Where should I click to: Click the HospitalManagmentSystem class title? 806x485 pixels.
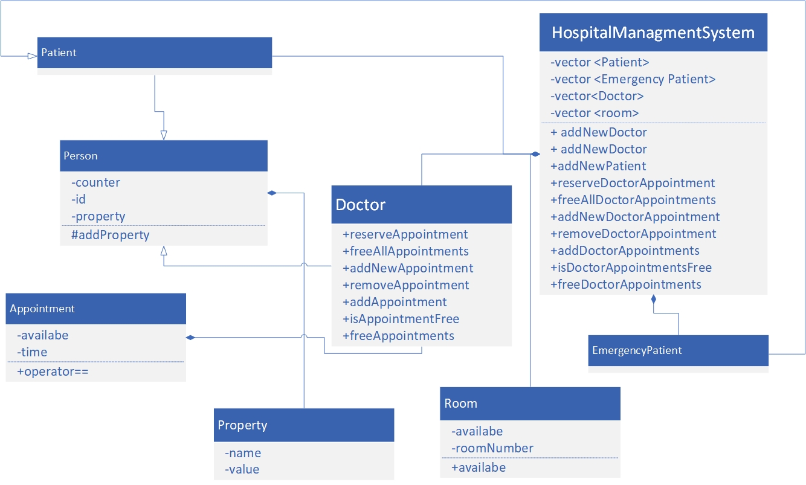click(x=653, y=33)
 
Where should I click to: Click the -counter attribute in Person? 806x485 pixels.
click(x=95, y=182)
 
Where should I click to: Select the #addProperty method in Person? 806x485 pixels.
click(x=110, y=235)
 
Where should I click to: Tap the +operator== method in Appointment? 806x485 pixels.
click(x=53, y=371)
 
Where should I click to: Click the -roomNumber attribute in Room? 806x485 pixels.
click(x=492, y=448)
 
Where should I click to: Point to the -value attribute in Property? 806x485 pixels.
click(x=242, y=469)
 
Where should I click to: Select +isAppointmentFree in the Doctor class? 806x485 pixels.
click(x=401, y=319)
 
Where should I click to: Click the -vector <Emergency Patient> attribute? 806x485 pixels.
click(x=633, y=79)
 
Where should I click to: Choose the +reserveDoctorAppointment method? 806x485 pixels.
click(x=633, y=183)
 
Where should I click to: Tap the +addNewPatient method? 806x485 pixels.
click(x=598, y=166)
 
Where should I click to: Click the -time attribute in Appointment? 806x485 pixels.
click(x=32, y=352)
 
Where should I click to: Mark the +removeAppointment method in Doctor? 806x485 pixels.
click(x=405, y=285)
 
